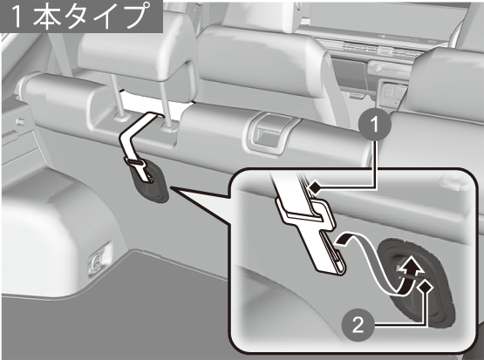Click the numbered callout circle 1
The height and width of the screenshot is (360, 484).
click(x=375, y=125)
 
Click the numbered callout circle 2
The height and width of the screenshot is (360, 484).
click(x=358, y=324)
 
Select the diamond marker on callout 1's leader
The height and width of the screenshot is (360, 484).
click(x=315, y=187)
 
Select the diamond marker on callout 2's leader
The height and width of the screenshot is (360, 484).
click(x=425, y=287)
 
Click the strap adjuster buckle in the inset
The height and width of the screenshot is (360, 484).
click(x=306, y=214)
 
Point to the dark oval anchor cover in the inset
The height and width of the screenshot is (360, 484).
click(x=417, y=282)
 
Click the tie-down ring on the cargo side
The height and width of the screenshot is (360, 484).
click(x=97, y=261)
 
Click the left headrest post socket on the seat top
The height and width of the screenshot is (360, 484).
click(x=120, y=116)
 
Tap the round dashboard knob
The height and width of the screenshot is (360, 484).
click(x=377, y=67)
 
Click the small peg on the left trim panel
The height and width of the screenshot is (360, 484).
click(x=20, y=121)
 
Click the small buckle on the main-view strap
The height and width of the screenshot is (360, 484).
click(x=134, y=162)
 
